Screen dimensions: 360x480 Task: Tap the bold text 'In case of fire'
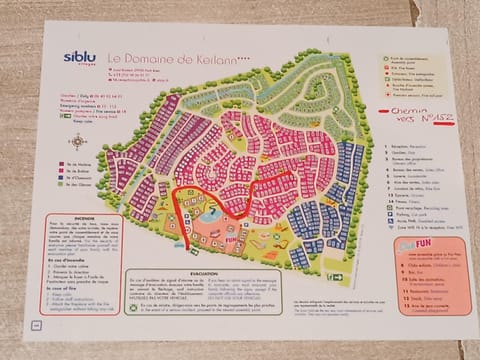pos(62,290)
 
